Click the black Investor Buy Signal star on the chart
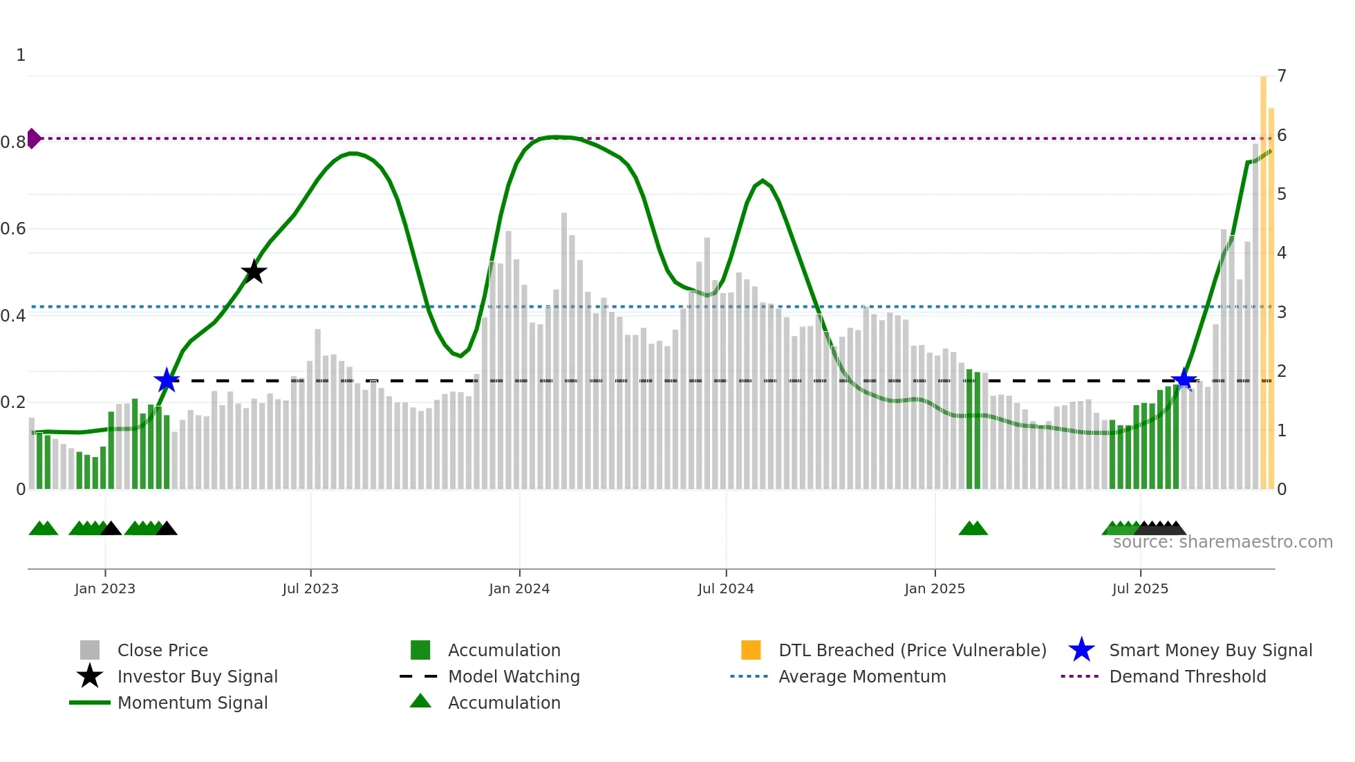pyautogui.click(x=254, y=272)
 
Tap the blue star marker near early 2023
pyautogui.click(x=167, y=380)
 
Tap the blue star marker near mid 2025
pyautogui.click(x=1184, y=380)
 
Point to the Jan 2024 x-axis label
pyautogui.click(x=519, y=588)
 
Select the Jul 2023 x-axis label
pyautogui.click(x=310, y=588)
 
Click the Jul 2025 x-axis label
pyautogui.click(x=1140, y=588)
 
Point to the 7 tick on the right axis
pyautogui.click(x=1282, y=75)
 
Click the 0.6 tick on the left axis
pyautogui.click(x=13, y=229)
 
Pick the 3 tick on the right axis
pyautogui.click(x=1282, y=312)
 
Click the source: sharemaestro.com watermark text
pyautogui.click(x=1222, y=542)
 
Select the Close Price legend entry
pyautogui.click(x=162, y=650)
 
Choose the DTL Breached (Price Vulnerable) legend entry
pyautogui.click(x=912, y=650)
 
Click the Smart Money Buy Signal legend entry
pyautogui.click(x=1210, y=650)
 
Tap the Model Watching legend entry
pyautogui.click(x=514, y=676)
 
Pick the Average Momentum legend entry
pyautogui.click(x=861, y=676)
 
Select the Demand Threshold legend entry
pyautogui.click(x=1187, y=676)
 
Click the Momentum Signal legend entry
pyautogui.click(x=192, y=703)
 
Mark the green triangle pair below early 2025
pyautogui.click(x=973, y=529)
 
